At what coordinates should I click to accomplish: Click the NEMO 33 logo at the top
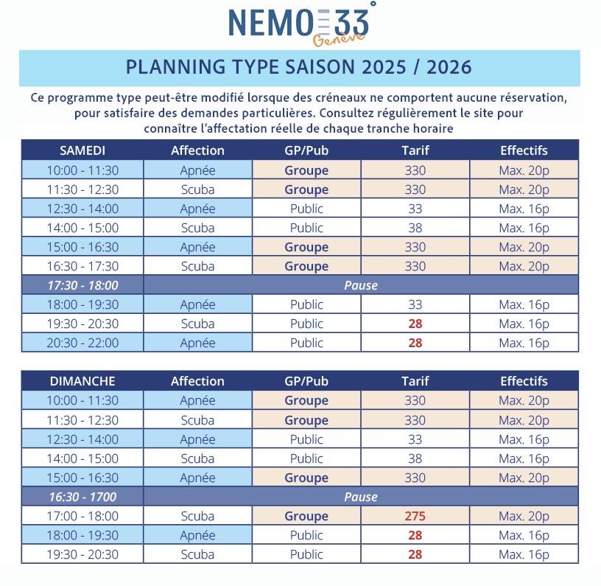click(301, 24)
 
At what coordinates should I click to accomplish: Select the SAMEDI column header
click(82, 150)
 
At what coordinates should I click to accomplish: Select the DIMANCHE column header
click(82, 381)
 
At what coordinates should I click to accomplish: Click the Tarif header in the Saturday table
click(415, 150)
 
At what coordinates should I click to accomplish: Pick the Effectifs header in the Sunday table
click(524, 381)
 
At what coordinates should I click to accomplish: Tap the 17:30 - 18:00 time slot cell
click(82, 285)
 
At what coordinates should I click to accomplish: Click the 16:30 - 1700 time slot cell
click(82, 497)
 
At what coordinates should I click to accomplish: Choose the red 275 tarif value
click(415, 516)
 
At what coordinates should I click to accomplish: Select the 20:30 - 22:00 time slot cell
click(82, 343)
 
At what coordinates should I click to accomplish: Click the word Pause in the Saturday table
click(361, 285)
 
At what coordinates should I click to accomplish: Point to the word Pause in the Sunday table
click(361, 497)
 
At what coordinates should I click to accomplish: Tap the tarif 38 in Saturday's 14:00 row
click(415, 228)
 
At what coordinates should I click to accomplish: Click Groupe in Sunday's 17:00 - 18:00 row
click(306, 516)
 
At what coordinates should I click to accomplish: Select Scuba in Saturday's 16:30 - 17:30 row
click(197, 266)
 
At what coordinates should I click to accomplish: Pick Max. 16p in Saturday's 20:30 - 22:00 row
click(524, 343)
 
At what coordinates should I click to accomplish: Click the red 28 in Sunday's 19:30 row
click(415, 554)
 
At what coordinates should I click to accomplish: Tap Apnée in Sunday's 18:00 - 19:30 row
click(197, 535)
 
